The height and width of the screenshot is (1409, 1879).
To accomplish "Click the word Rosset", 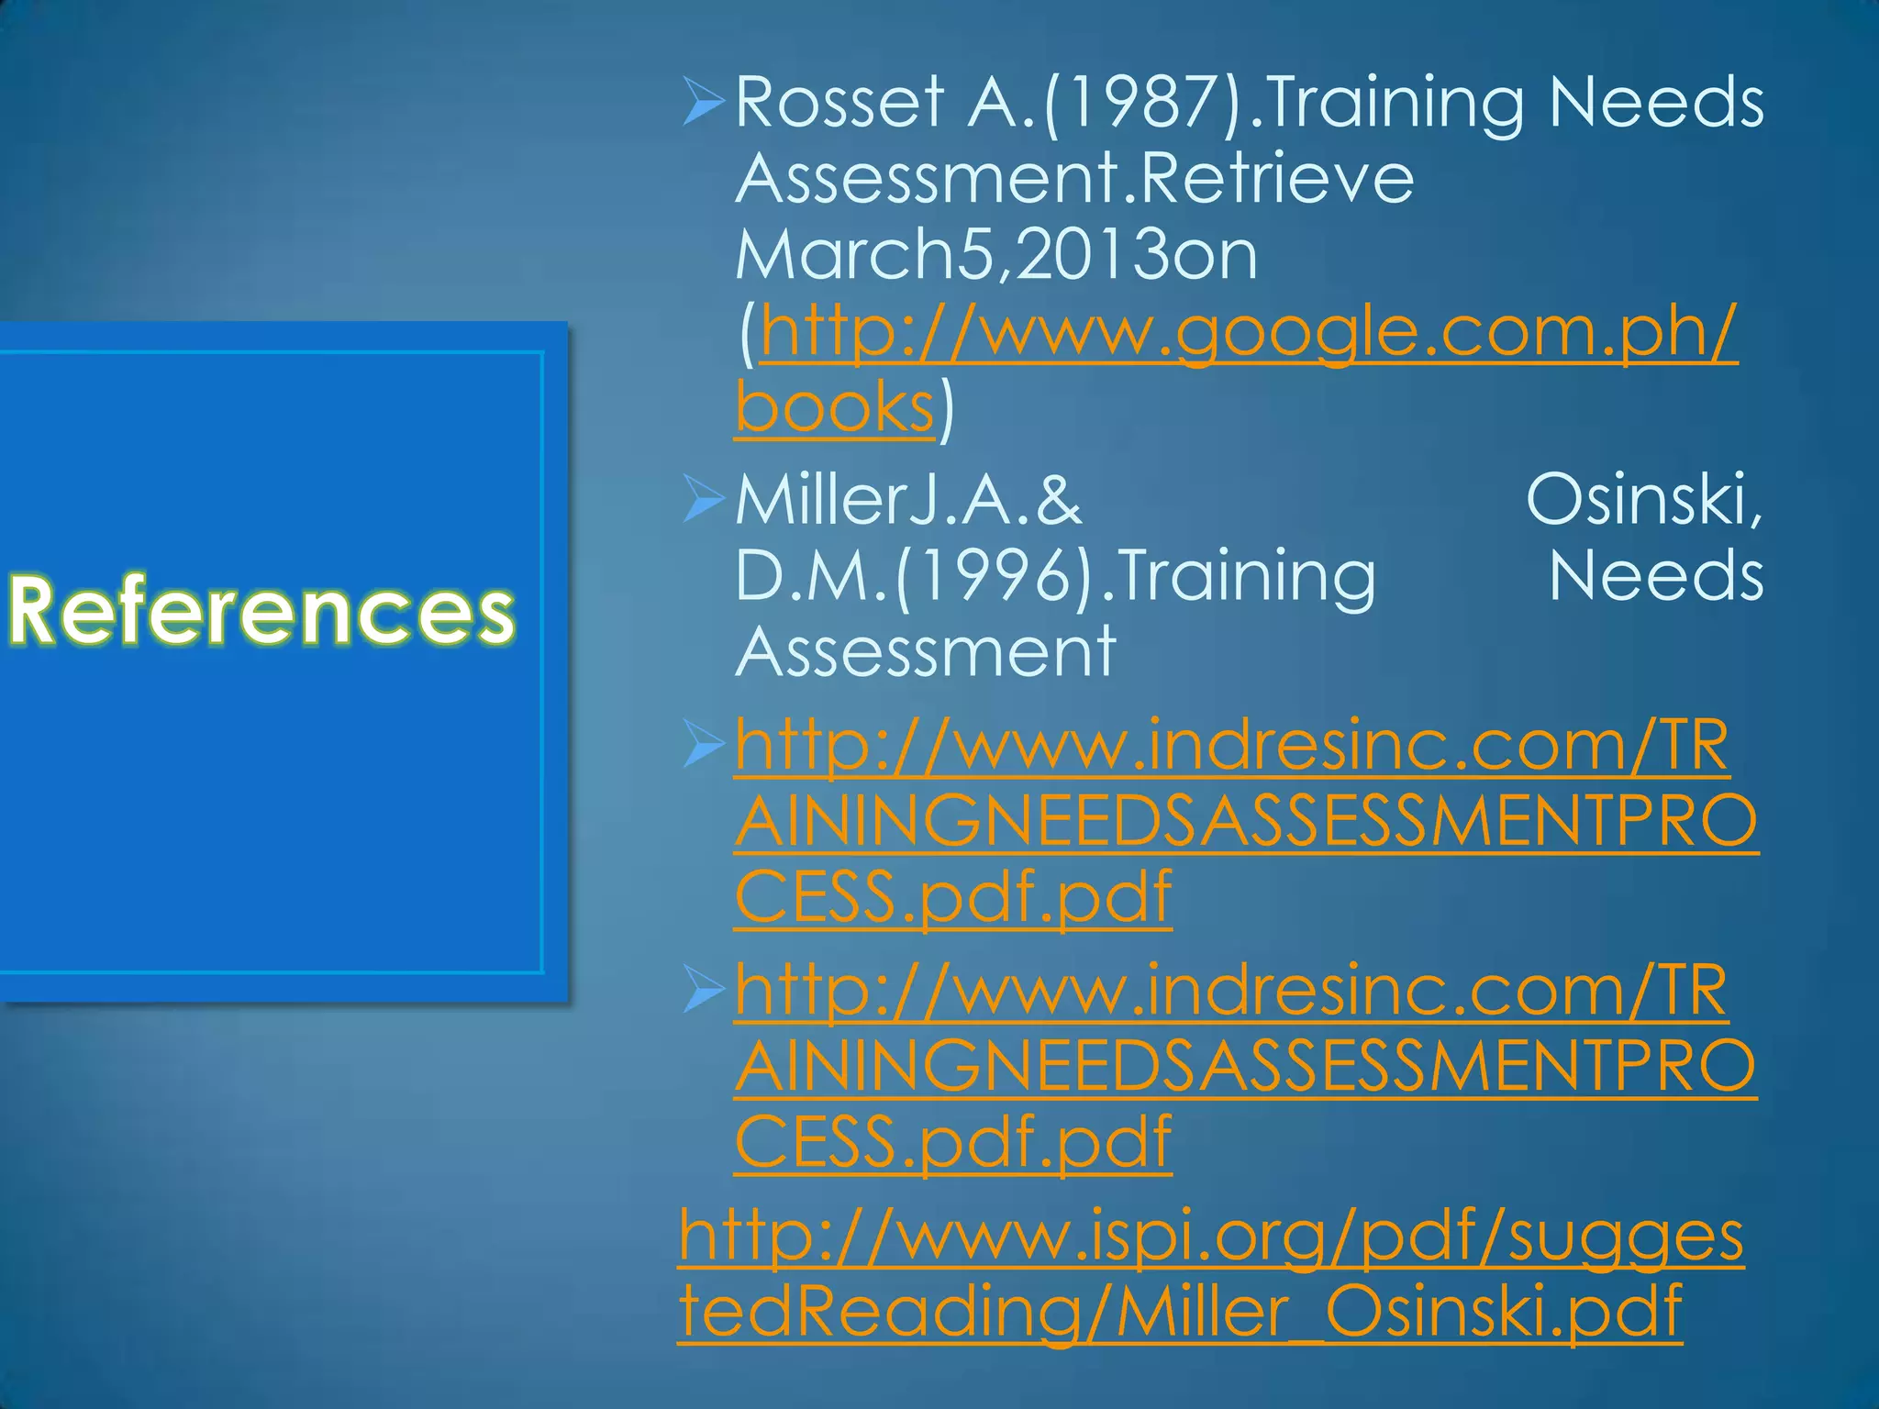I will (x=839, y=103).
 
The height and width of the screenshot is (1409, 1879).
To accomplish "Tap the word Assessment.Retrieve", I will (x=1074, y=179).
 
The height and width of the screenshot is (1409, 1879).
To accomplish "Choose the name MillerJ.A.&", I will (x=908, y=502).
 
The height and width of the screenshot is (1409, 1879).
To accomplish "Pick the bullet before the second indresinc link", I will (x=705, y=993).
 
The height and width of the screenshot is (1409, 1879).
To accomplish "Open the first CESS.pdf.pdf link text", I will (x=952, y=897).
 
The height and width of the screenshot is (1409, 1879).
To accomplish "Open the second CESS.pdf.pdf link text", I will (x=952, y=1142).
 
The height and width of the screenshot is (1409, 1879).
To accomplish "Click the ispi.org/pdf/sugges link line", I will (x=1210, y=1237).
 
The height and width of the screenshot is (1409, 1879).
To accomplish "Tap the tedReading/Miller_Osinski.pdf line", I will (x=1180, y=1312).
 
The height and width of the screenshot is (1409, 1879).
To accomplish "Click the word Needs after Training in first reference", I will (x=1656, y=103).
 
